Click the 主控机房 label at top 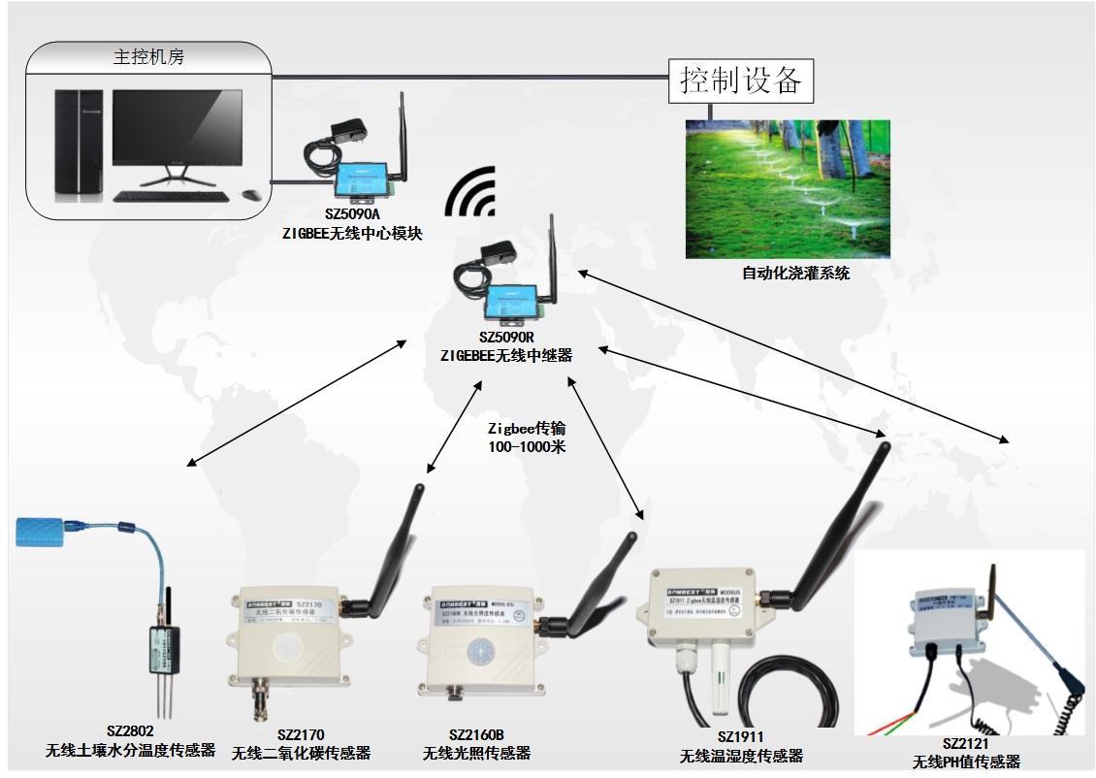(148, 57)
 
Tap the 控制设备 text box (741, 80)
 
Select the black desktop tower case (78, 145)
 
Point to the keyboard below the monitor (171, 196)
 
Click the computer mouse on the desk (250, 194)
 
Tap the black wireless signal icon (471, 192)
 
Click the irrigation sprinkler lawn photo (787, 189)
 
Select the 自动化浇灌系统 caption (794, 274)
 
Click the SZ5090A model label (352, 216)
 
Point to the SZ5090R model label (505, 338)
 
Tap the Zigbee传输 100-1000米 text (526, 438)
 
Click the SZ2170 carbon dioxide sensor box (284, 641)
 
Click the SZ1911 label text (740, 737)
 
